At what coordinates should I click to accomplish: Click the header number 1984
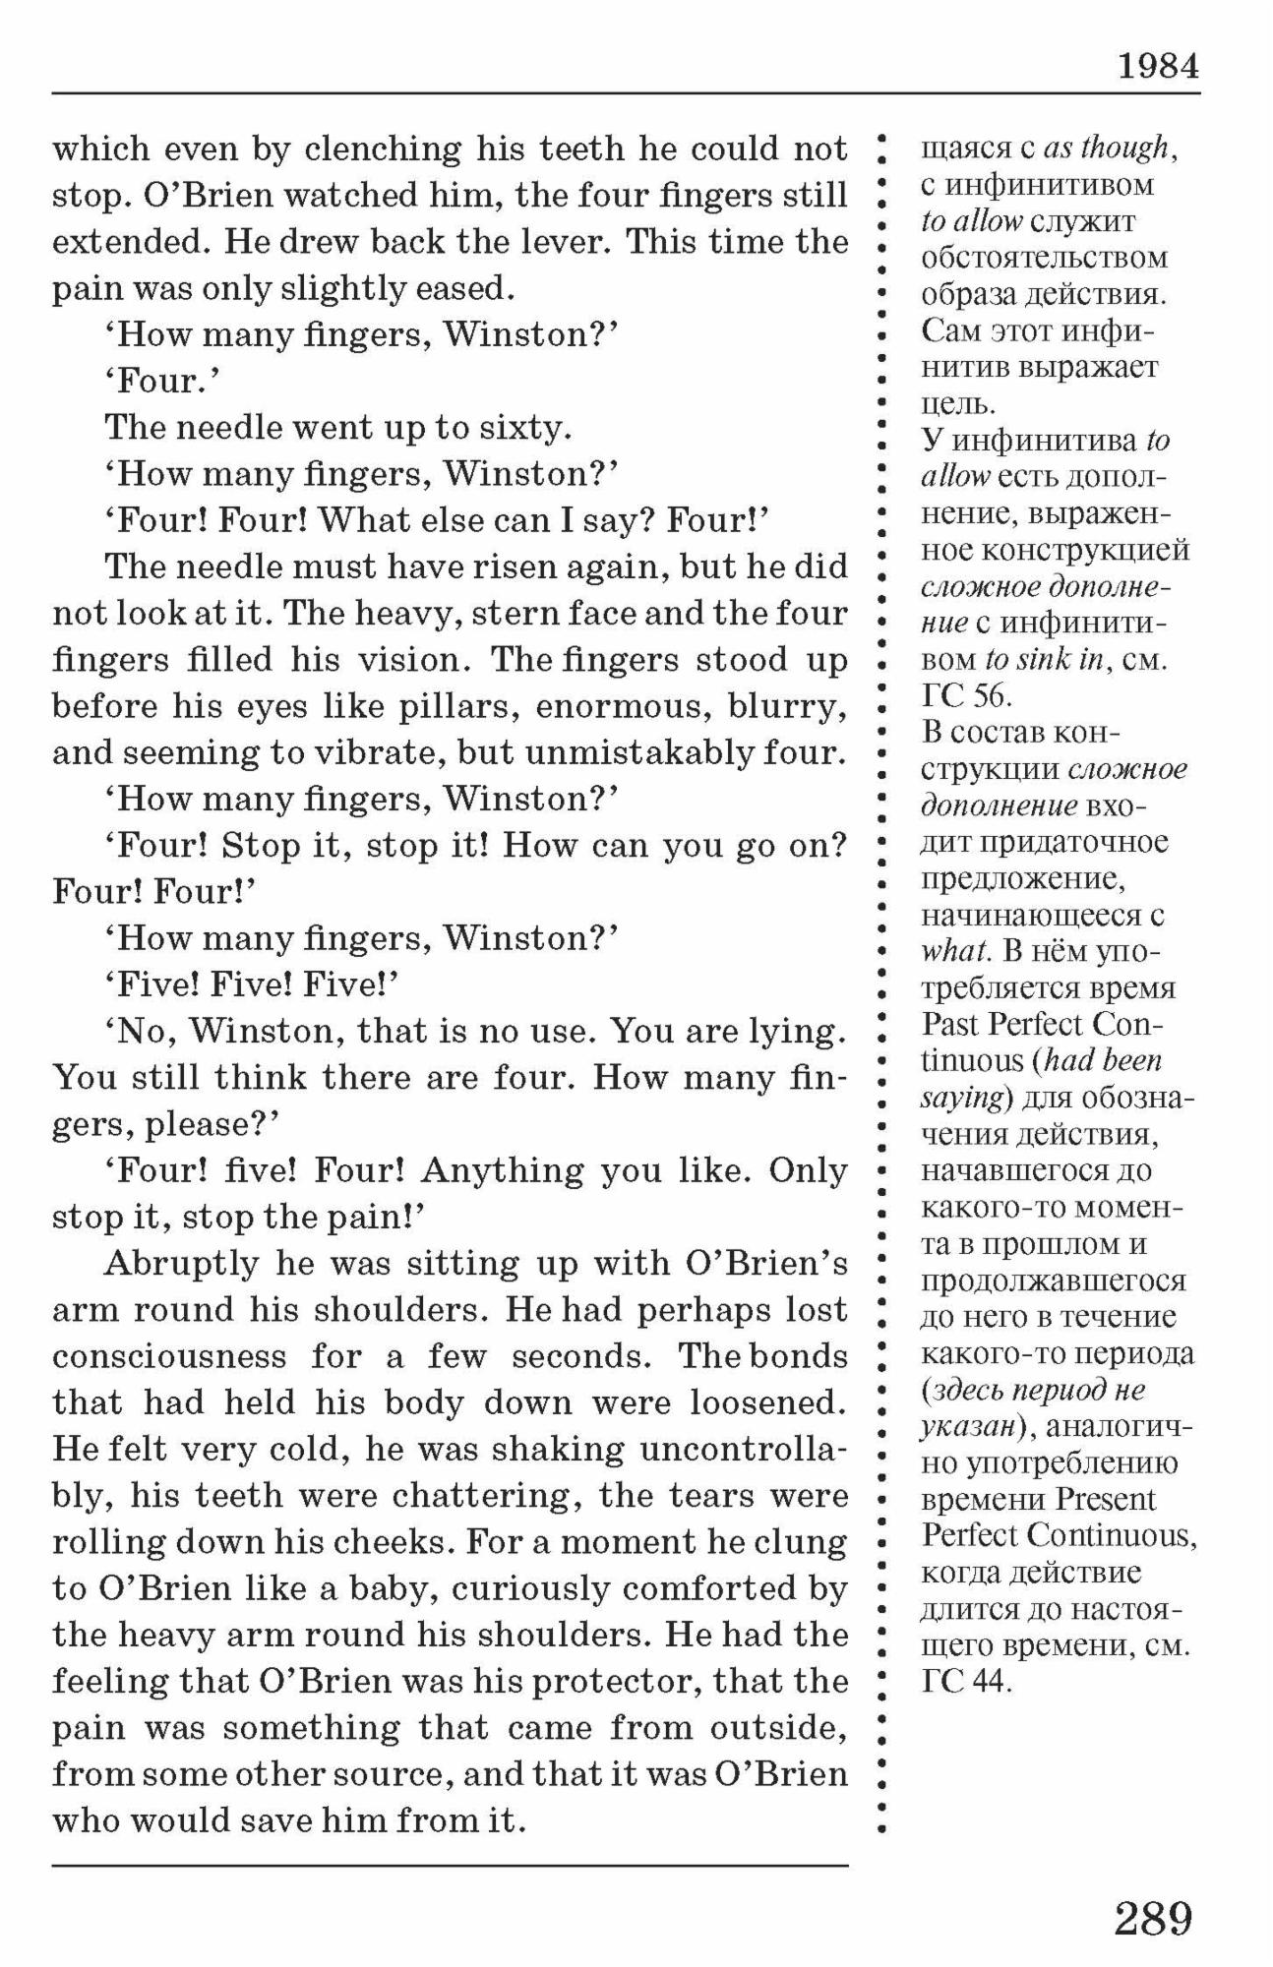coord(1158,67)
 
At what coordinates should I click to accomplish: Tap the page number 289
coord(1153,1918)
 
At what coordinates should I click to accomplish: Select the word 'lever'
coord(570,243)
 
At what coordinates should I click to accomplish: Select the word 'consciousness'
coord(169,1357)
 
